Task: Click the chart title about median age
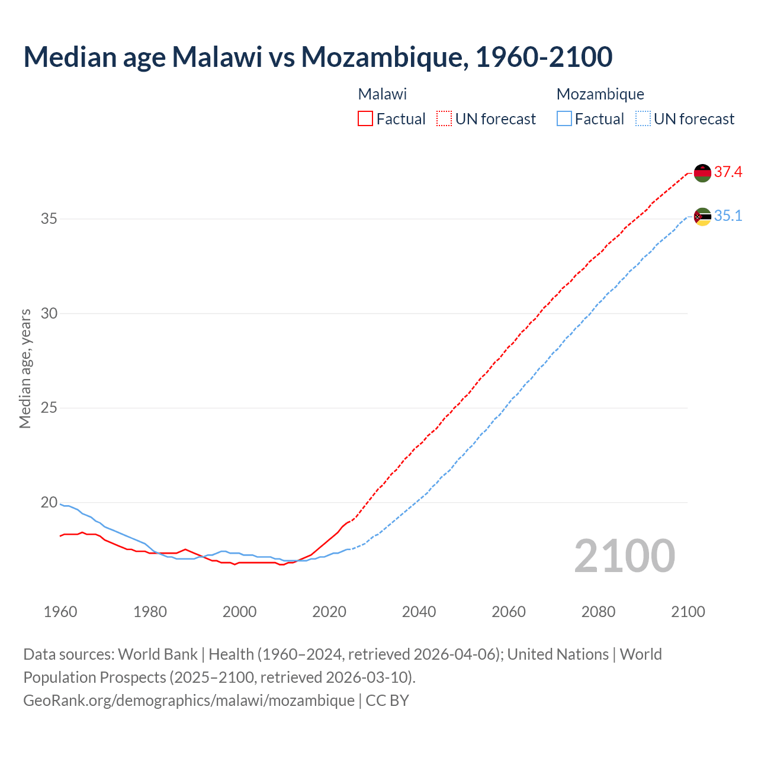pos(318,57)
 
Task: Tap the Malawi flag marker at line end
pos(702,173)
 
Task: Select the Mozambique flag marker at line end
pos(702,217)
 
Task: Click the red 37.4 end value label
pos(728,172)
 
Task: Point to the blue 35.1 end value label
pos(728,216)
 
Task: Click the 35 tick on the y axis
pos(49,219)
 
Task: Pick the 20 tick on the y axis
pos(49,502)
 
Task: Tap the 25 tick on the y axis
pos(49,408)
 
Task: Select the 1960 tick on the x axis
pos(60,612)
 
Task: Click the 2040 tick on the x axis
pos(419,612)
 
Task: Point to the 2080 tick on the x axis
pos(598,612)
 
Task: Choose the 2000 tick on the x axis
pos(240,612)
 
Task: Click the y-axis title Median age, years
pos(25,368)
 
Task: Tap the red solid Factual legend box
pos(365,119)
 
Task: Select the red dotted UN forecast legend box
pos(444,119)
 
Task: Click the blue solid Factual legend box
pos(564,119)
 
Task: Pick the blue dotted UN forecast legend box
pos(643,119)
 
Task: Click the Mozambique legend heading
pos(600,94)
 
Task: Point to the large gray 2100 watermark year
pos(625,556)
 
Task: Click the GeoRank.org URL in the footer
pos(189,701)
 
